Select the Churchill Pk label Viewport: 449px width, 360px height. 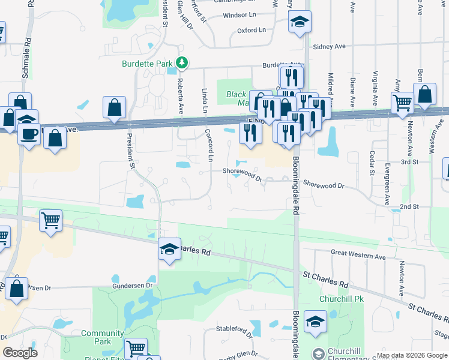pyautogui.click(x=338, y=298)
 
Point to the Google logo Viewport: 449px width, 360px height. pyautogui.click(x=20, y=353)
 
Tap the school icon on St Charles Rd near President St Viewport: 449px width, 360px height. pyautogui.click(x=170, y=248)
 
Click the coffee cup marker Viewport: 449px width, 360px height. pyautogui.click(x=28, y=133)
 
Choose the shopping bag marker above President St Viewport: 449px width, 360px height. pyautogui.click(x=114, y=108)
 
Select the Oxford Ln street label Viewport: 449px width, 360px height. pyautogui.click(x=252, y=30)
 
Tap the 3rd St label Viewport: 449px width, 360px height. pyautogui.click(x=409, y=162)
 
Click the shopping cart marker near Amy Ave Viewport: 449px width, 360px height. pyautogui.click(x=402, y=102)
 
